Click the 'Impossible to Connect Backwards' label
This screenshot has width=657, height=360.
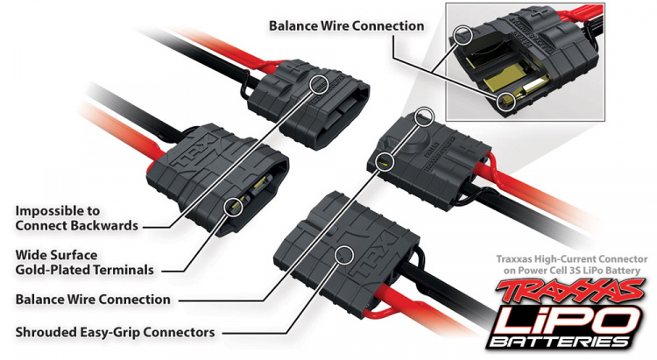tap(70, 218)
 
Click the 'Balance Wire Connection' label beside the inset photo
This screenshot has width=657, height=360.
tap(347, 26)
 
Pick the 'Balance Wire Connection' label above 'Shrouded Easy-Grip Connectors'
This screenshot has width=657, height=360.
tap(93, 300)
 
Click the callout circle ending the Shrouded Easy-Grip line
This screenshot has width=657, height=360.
tap(344, 254)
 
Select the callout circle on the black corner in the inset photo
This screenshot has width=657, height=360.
tap(463, 34)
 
